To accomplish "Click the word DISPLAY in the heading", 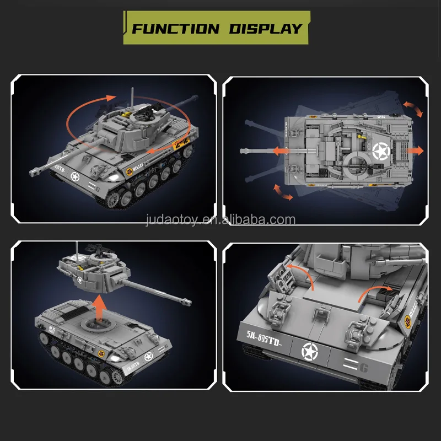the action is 262,29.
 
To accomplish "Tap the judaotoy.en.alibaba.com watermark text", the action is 220,220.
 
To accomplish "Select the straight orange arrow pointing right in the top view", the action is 415,150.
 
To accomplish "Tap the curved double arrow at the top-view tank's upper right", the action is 413,109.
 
